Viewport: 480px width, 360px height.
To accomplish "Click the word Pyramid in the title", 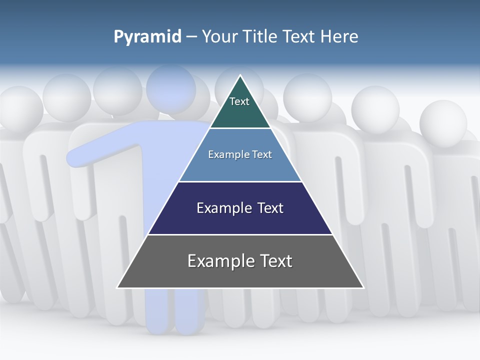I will pos(147,37).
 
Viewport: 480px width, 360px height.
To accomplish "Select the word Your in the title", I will pos(219,36).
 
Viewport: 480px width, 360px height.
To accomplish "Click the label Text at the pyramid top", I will pos(239,101).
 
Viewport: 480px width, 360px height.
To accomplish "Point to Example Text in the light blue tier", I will pos(240,154).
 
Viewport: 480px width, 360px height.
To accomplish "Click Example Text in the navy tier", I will pos(240,208).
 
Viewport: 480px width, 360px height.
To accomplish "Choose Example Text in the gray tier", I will pos(240,261).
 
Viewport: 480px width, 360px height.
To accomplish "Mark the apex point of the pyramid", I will pos(240,75).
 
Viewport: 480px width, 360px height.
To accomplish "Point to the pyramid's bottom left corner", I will pos(117,287).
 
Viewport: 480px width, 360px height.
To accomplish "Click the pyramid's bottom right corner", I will pos(363,287).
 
